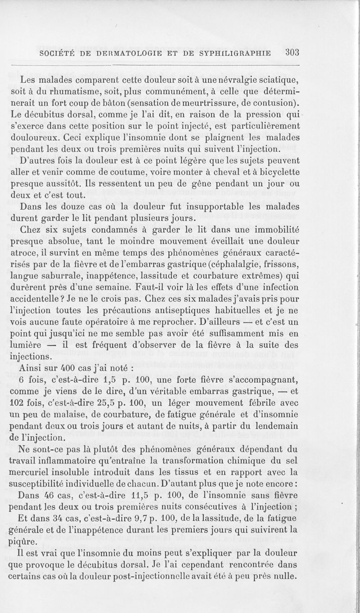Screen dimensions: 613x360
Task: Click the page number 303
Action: tap(292, 52)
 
